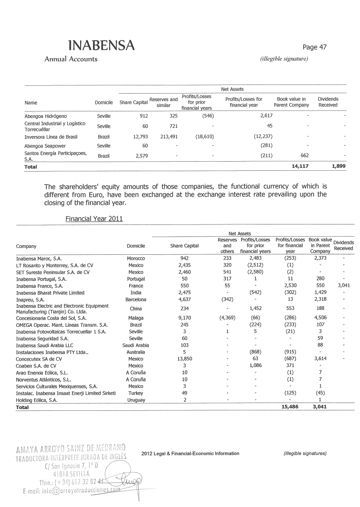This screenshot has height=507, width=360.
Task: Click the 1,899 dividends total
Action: [x=337, y=166]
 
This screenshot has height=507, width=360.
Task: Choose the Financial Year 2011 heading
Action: [x=94, y=218]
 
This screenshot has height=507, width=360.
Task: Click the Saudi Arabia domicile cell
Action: [x=136, y=345]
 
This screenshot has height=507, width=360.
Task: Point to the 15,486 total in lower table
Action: [x=290, y=407]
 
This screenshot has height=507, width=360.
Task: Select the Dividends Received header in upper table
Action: [x=328, y=102]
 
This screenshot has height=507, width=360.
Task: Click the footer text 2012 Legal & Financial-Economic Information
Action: [x=190, y=453]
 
